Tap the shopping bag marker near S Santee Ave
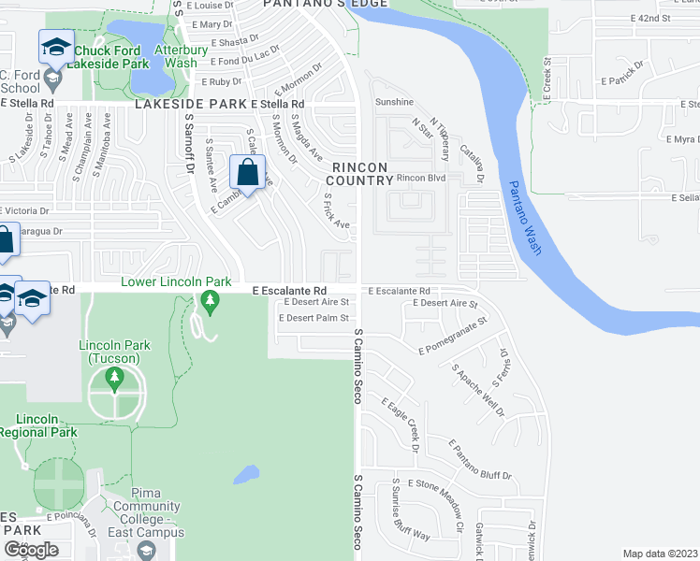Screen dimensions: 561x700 point(247,174)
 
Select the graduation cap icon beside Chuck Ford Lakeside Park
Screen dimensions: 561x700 point(55,48)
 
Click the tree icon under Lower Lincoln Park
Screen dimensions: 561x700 point(209,301)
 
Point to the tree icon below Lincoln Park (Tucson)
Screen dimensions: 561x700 point(115,377)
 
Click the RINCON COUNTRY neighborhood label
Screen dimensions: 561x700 point(359,173)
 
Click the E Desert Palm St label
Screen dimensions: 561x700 point(314,319)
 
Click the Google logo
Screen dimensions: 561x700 point(31,549)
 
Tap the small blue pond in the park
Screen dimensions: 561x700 point(244,475)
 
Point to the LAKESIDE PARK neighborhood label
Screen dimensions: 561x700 point(191,105)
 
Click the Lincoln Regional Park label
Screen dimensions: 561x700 point(38,425)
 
